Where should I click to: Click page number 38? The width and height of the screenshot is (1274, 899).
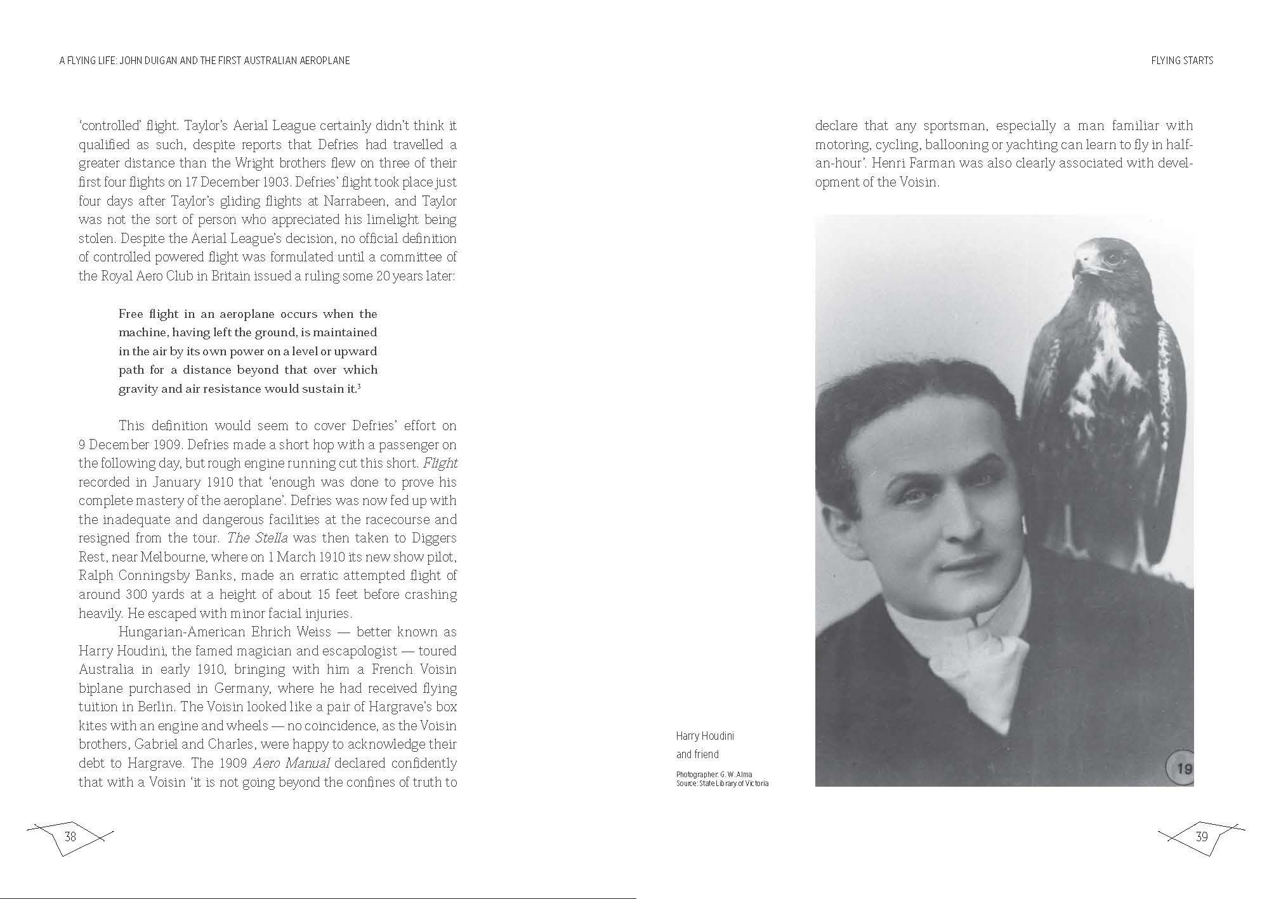point(70,836)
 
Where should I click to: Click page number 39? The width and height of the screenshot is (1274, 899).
point(1201,836)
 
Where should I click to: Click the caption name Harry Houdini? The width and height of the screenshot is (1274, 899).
point(704,736)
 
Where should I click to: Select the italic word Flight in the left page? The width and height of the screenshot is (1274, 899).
point(440,463)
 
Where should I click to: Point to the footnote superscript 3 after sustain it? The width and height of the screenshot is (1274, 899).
point(359,387)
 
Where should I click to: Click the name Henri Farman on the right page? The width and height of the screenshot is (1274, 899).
point(912,163)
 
